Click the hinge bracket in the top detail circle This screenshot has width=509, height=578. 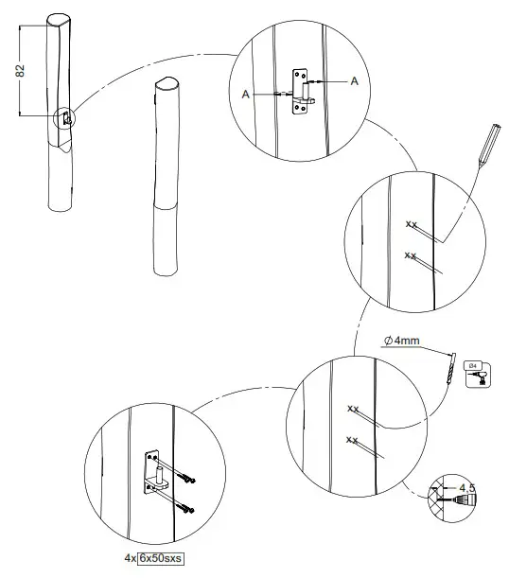(301, 92)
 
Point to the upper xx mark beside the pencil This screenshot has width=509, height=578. (411, 224)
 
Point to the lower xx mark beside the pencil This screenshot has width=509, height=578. (411, 254)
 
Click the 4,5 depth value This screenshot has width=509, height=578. (465, 488)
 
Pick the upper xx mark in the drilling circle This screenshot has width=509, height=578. (353, 409)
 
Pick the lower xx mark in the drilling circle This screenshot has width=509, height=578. (353, 440)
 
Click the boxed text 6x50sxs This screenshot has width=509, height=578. (160, 557)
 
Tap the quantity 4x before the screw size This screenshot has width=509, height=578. (130, 557)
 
